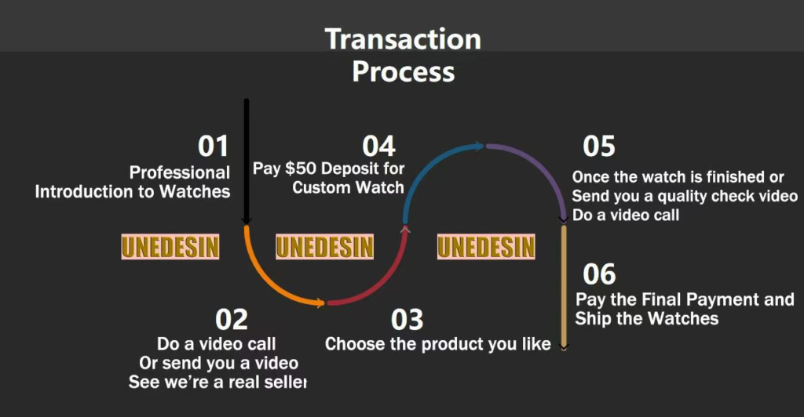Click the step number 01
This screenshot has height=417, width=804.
213,147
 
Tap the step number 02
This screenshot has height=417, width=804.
232,320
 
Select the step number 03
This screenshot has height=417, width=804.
407,320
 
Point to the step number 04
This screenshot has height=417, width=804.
379,147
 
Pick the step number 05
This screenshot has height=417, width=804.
599,147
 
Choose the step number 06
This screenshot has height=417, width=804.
599,274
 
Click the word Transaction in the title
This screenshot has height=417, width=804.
403,39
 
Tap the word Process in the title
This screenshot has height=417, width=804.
404,71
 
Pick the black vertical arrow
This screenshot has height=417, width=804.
247,161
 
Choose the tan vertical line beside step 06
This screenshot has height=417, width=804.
564,288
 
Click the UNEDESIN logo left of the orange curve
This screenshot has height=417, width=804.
170,247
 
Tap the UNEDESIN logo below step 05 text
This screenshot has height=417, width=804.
486,247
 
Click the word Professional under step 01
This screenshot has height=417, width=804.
180,172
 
